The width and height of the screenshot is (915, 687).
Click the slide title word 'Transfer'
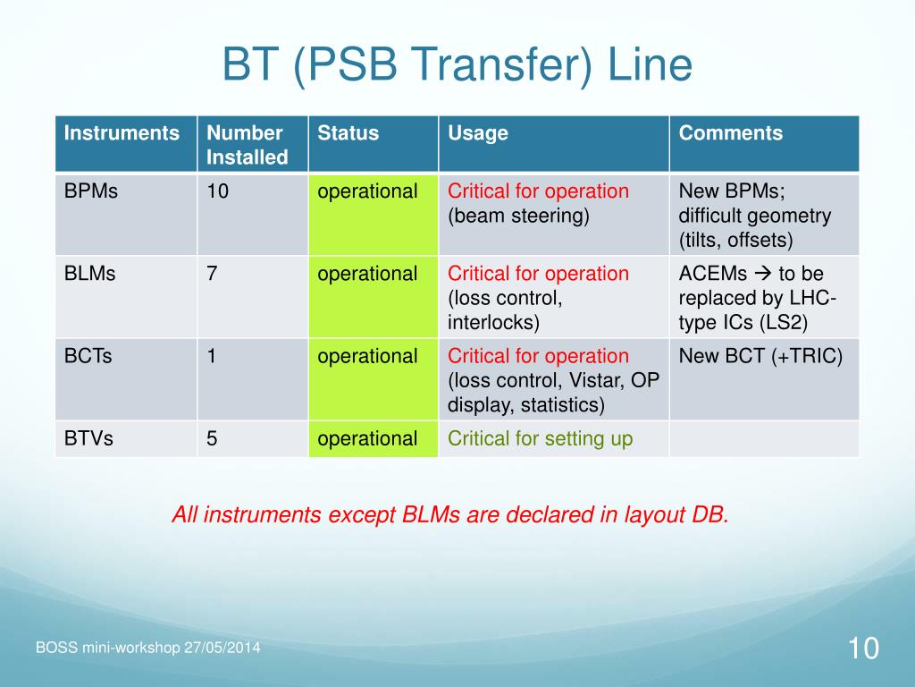502,64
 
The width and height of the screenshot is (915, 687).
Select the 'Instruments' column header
122,133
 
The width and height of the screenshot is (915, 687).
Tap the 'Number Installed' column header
247,145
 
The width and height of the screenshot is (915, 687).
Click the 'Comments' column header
731,133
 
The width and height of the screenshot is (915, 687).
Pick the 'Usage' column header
478,134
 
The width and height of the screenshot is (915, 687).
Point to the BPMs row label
91,191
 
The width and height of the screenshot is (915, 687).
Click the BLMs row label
90,274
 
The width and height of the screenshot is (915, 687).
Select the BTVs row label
88,438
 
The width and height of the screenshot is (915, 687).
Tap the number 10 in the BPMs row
218,191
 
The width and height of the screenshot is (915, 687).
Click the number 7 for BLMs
212,274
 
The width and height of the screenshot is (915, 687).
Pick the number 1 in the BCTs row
211,356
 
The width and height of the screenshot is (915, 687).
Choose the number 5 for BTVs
212,438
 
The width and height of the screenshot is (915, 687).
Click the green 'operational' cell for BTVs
373,438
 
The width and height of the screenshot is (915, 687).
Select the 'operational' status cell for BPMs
373,215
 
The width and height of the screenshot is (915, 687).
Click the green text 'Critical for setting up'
541,438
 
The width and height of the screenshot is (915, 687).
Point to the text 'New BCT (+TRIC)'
760,356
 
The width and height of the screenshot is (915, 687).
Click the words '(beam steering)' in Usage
519,216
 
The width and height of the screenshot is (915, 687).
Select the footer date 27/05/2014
222,648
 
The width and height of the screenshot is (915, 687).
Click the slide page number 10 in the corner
863,649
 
